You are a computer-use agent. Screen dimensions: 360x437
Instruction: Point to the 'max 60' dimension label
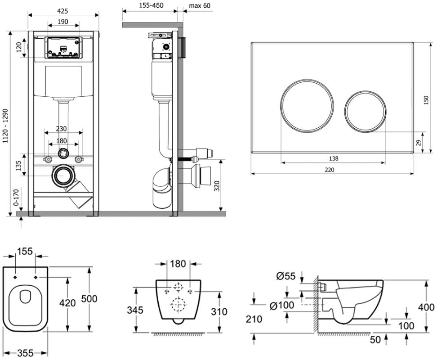point(199,6)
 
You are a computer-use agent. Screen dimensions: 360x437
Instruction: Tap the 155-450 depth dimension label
point(149,6)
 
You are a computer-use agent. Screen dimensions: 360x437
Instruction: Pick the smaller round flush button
point(366,111)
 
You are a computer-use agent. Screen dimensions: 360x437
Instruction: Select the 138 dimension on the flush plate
point(334,158)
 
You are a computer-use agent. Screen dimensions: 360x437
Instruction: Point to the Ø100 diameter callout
point(282,305)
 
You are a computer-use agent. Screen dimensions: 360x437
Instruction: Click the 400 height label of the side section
point(426,307)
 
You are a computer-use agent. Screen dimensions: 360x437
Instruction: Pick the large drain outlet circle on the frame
point(62,175)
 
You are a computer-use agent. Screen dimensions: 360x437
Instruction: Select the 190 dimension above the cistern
point(63,21)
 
